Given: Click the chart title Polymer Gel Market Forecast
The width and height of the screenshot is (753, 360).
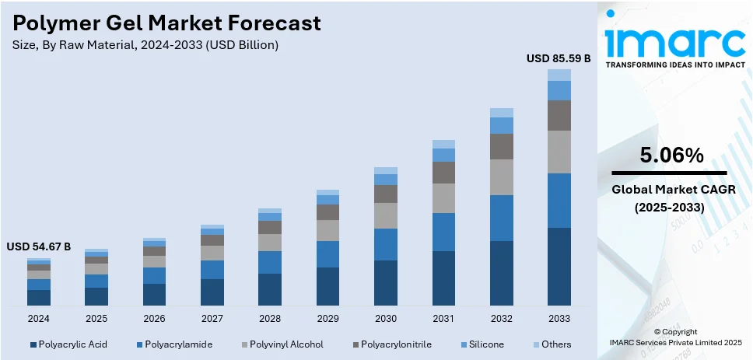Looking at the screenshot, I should (167, 23).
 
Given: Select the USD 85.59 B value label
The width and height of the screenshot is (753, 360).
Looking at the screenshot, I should (559, 58).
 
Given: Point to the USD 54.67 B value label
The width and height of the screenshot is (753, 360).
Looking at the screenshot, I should (39, 246).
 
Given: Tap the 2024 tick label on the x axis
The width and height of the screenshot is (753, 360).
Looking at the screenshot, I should (39, 319).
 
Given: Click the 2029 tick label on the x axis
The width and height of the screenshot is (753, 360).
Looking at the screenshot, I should (327, 319).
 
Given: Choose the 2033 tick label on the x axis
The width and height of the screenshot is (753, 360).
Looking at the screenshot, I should (559, 319).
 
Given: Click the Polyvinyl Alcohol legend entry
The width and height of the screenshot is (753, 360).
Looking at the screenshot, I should (281, 344).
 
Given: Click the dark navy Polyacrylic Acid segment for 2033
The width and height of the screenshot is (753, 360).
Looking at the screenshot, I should (559, 266).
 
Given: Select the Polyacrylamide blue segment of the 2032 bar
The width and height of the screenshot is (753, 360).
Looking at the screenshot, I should (501, 218).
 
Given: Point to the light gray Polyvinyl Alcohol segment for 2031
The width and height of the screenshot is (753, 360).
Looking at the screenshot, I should (443, 198).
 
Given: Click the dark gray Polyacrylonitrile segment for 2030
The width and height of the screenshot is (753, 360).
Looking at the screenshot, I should (386, 194).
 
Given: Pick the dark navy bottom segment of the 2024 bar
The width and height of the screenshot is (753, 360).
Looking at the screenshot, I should (39, 297).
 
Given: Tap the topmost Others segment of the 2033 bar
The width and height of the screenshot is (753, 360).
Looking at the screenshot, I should (559, 75).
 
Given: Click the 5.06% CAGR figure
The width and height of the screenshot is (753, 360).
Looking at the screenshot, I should (671, 156).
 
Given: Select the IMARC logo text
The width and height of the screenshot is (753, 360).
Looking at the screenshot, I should (673, 40).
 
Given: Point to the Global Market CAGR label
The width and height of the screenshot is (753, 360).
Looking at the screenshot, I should (671, 189).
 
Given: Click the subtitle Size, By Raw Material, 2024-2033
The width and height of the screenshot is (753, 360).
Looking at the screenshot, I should (145, 45).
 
